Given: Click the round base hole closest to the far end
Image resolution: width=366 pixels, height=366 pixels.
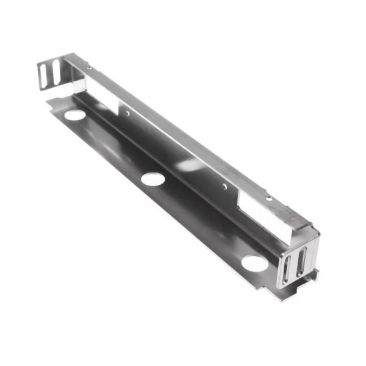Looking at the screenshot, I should (x=74, y=115).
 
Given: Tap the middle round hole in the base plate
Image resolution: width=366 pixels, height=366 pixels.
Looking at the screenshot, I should (x=152, y=179).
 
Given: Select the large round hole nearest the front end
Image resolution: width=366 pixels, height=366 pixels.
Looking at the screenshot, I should (x=254, y=264).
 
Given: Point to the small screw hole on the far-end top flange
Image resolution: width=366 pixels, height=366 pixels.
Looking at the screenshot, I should (x=89, y=68).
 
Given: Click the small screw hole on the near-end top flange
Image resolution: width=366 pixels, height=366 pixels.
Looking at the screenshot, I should (x=269, y=198).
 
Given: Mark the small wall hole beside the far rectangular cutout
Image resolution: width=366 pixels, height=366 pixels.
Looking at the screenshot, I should (x=127, y=113).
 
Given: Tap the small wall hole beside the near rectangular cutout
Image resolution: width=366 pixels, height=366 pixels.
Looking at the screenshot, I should (x=224, y=186).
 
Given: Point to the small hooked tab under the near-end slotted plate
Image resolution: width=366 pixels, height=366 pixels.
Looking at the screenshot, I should (x=310, y=278).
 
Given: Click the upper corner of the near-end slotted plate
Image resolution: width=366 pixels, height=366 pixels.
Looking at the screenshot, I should (x=316, y=232).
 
